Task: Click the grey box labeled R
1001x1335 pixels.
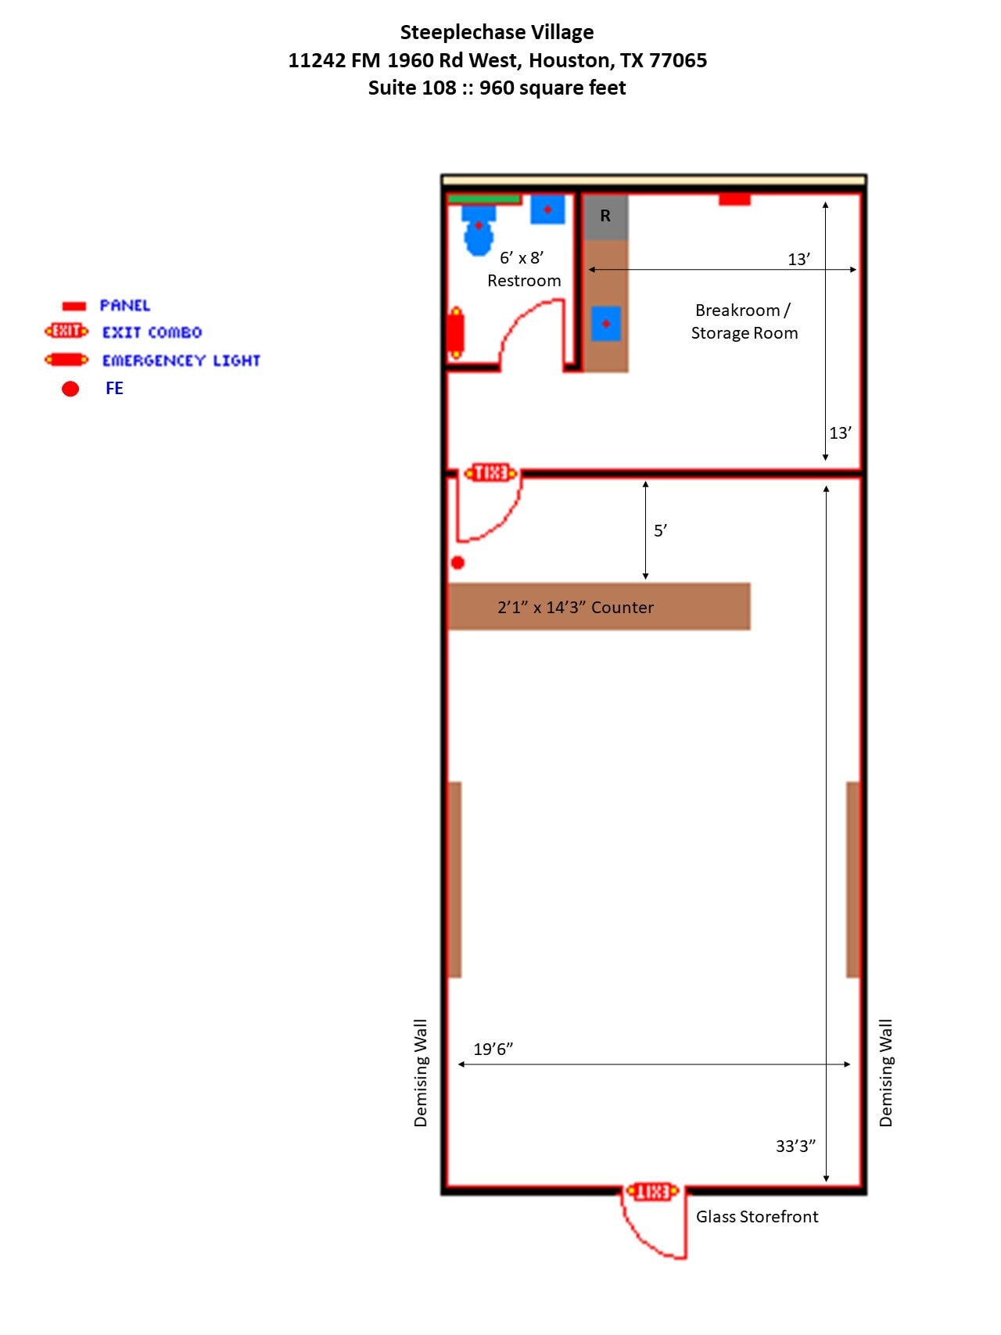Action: coord(605,217)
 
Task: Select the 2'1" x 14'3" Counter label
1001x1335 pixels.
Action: coord(576,608)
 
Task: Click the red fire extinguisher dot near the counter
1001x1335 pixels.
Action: coord(458,562)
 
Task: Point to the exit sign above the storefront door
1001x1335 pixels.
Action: coord(651,1191)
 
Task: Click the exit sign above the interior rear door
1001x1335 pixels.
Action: coord(490,472)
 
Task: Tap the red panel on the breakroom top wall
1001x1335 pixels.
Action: coord(734,200)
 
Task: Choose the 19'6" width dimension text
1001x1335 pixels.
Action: coord(493,1050)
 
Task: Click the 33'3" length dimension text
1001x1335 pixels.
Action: coord(795,1147)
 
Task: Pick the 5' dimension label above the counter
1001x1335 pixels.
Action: coord(660,531)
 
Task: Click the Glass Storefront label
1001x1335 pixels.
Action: coord(757,1217)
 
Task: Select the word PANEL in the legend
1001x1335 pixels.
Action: coord(124,306)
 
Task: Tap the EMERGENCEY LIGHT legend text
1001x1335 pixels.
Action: coord(181,361)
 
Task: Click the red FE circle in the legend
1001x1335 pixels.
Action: coord(70,389)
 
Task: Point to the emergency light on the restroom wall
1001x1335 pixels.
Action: coord(456,332)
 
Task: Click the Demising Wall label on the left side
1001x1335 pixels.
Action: coord(421,1072)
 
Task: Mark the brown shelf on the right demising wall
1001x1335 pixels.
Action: coord(853,879)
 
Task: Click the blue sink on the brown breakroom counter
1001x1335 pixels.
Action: coord(606,324)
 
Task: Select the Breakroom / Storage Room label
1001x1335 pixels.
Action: coord(744,321)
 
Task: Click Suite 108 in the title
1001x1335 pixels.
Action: coord(412,88)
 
